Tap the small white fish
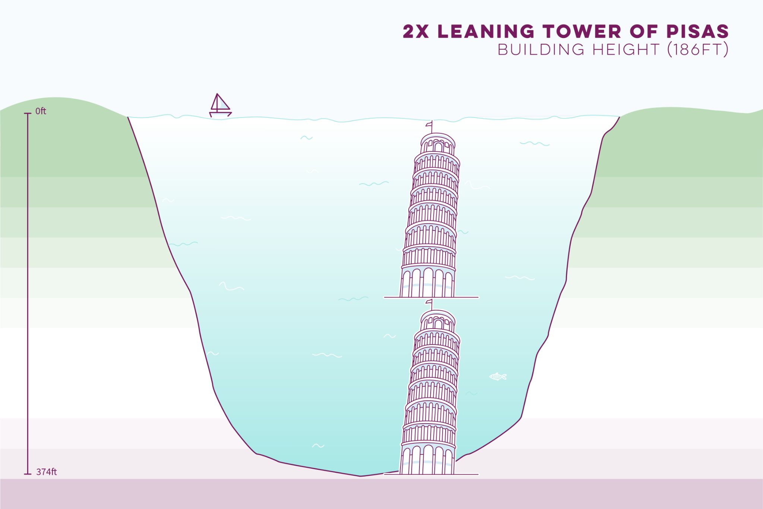pos(498,377)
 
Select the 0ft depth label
pos(41,111)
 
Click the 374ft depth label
pos(47,472)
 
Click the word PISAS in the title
pos(697,32)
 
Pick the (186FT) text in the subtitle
pos(697,50)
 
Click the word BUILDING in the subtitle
pos(541,50)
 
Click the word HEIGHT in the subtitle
pos(626,50)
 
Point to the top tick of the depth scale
pos(28,113)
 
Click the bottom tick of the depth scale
pos(28,474)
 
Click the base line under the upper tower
pos(431,297)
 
